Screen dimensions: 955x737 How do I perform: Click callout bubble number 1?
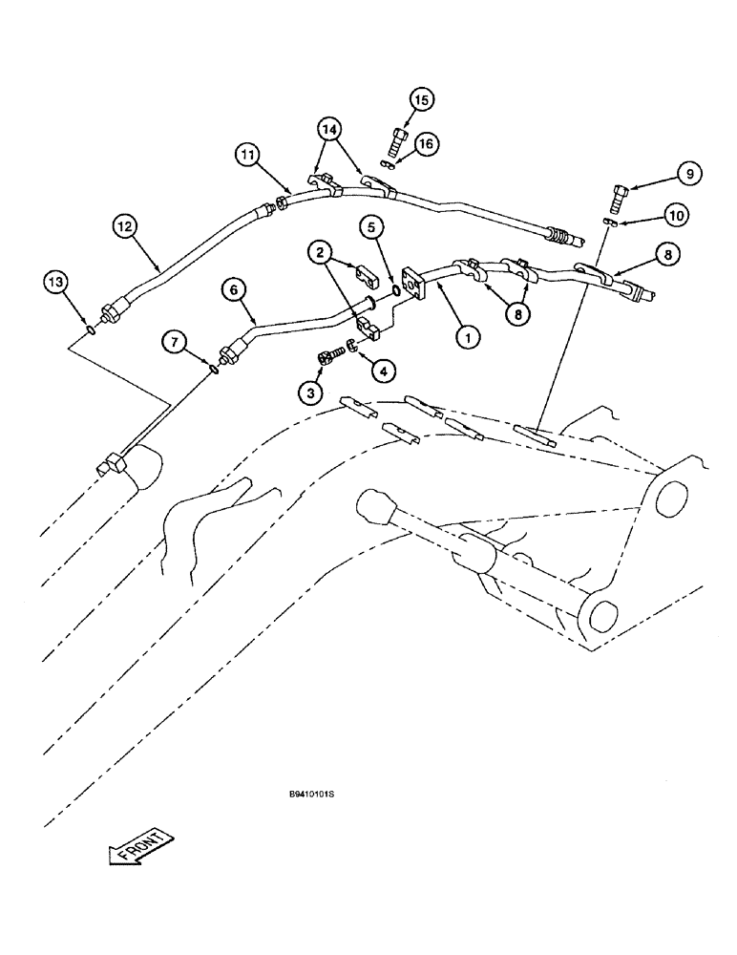pos(467,336)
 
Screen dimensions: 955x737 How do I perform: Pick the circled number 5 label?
pos(372,228)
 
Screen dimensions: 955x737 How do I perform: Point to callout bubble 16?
pos(426,142)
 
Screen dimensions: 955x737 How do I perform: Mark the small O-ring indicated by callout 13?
pos(88,330)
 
